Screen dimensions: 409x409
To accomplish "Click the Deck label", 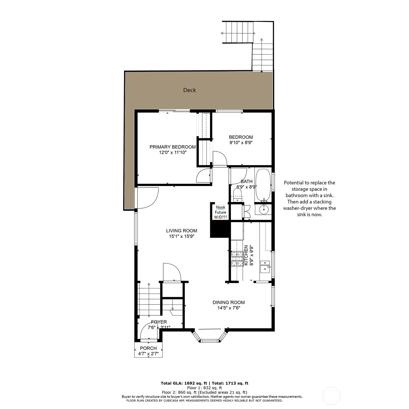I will pos(189,90).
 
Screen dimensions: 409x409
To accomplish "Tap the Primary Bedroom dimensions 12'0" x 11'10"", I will pos(173,153).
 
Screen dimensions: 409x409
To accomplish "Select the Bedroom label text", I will pos(241,137).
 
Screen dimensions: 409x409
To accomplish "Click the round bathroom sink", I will pos(263,209).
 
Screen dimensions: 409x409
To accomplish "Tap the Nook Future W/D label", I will pos(221,212).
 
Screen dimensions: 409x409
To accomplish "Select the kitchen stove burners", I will pos(237,259).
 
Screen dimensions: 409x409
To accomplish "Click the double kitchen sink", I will pos(265,266).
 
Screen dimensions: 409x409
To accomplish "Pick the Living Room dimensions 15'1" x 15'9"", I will pos(181,236).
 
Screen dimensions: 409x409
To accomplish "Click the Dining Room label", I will pos(229,302).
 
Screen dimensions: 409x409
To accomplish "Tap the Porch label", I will pos(148,348).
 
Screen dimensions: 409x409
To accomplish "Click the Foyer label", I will pos(159,322).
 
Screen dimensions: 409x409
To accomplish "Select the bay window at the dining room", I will pos(210,337).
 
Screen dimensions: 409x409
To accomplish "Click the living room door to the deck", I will pos(147,198).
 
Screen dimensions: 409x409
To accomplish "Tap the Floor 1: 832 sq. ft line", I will pos(204,388).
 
